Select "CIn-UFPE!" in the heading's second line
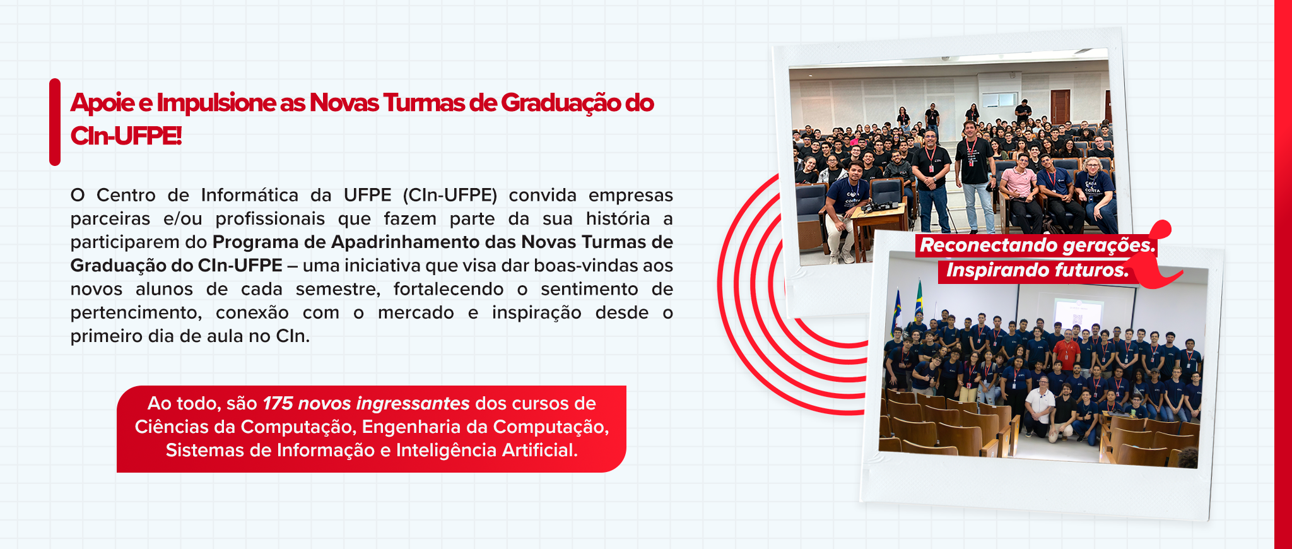tap(126, 136)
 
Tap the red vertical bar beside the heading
tap(55, 122)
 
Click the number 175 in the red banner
tap(278, 403)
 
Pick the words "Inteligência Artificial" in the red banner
tap(486, 451)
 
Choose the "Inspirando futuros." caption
tap(1037, 271)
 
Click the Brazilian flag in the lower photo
tap(919, 301)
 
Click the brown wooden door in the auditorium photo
tap(1060, 105)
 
